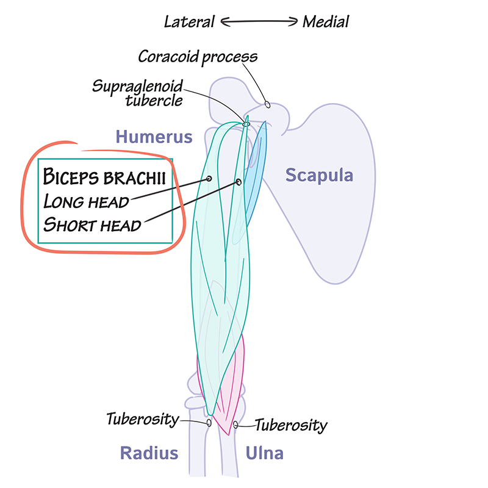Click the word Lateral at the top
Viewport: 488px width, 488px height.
click(x=189, y=22)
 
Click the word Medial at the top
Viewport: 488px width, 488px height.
click(x=326, y=22)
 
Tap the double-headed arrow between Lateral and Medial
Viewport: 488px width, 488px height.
click(x=259, y=22)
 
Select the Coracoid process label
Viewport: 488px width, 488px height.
click(x=198, y=57)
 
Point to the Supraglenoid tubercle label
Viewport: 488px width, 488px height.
click(x=137, y=93)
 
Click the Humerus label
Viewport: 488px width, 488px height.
click(x=154, y=137)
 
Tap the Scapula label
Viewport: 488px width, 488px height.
click(x=320, y=176)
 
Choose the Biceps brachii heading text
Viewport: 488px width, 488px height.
click(x=104, y=178)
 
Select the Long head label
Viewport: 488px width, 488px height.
click(x=86, y=201)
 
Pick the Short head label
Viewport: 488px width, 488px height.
click(x=92, y=224)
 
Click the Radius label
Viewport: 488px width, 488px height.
click(x=149, y=453)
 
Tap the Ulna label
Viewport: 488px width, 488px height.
click(x=264, y=453)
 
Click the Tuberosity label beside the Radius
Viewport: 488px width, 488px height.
click(x=142, y=420)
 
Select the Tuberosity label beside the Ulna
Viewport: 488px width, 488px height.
click(x=290, y=425)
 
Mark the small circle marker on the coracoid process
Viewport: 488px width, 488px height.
click(x=267, y=104)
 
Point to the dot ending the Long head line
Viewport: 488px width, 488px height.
click(x=209, y=179)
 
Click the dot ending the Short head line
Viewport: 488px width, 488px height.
click(x=239, y=182)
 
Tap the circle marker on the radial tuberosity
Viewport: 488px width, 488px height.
click(x=209, y=422)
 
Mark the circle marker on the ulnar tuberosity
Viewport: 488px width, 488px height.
click(x=236, y=425)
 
